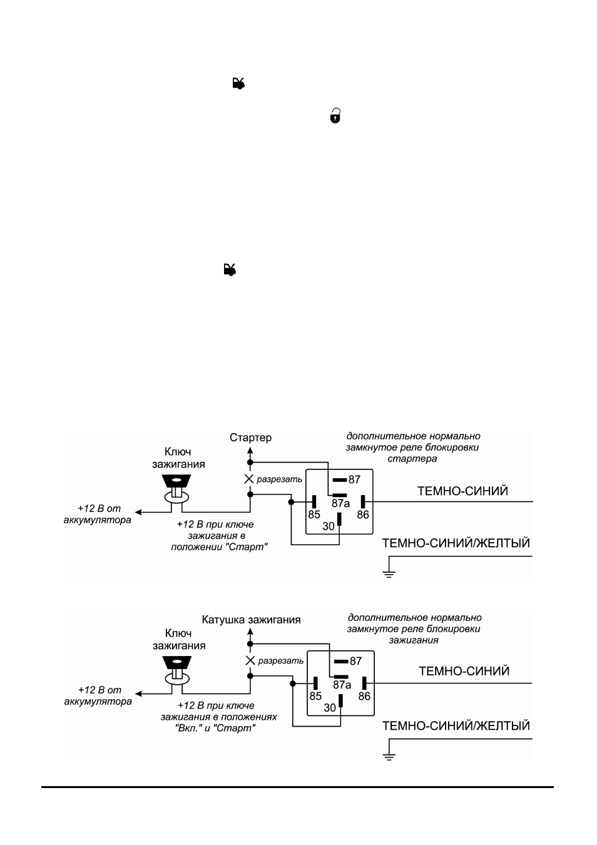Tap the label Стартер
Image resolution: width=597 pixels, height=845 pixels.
click(250, 438)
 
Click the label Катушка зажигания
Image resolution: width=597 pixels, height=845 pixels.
click(251, 620)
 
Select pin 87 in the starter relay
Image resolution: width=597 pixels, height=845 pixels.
click(340, 480)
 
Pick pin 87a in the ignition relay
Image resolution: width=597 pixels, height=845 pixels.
click(341, 677)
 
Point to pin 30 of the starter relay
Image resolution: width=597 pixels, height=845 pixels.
click(339, 519)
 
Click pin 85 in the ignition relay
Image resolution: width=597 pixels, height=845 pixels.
click(315, 683)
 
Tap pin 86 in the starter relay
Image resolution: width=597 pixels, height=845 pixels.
click(363, 502)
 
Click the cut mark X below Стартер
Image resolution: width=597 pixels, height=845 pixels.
click(249, 479)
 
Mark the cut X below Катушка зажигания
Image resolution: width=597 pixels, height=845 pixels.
click(250, 660)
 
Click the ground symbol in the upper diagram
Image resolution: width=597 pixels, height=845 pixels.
click(389, 575)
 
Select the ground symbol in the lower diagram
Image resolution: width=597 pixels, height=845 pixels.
click(389, 756)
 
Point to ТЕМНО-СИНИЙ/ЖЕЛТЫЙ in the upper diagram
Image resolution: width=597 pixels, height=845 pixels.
click(456, 543)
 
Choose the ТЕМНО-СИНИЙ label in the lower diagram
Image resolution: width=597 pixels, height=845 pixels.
click(464, 671)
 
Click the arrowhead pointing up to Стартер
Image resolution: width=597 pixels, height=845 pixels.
click(250, 451)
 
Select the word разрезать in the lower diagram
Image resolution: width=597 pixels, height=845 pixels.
click(281, 661)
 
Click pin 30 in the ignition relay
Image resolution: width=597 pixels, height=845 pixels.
click(340, 700)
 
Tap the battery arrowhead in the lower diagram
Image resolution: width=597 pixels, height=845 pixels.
click(138, 694)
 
